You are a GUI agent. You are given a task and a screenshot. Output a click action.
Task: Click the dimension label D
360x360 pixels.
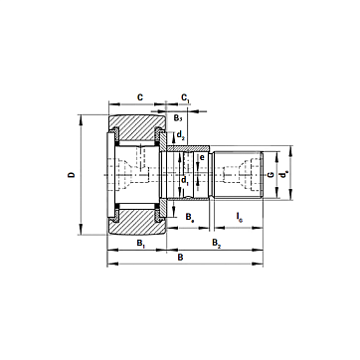coord(72,174)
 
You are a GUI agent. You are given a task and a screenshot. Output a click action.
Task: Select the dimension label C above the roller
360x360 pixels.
coord(140,97)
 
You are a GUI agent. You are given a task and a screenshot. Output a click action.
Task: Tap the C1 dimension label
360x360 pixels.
coord(185,97)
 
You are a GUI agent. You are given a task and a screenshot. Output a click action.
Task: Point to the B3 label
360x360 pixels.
coord(178,118)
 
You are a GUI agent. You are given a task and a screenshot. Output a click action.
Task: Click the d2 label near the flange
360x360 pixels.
coord(180,134)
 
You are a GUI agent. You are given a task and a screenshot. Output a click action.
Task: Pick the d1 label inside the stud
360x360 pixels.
coord(185,180)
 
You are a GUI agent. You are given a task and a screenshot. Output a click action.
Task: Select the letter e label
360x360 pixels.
coord(201,157)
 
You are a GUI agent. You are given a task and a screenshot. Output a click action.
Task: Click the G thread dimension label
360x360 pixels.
coord(270,174)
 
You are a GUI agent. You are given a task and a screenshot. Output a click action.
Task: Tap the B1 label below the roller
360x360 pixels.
coord(141,243)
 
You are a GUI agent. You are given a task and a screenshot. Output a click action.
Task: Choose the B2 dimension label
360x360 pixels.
coord(217,243)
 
